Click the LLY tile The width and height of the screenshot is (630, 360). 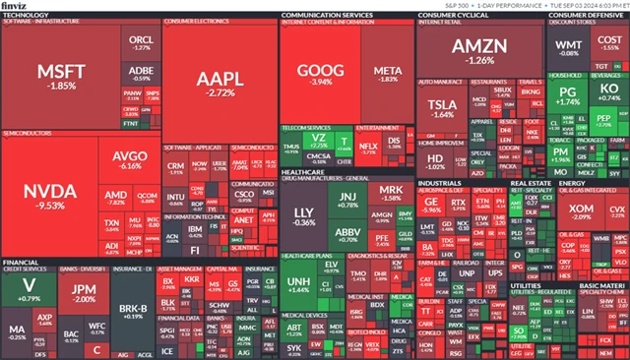[x=304, y=216]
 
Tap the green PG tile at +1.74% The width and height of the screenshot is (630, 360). [x=568, y=98]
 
